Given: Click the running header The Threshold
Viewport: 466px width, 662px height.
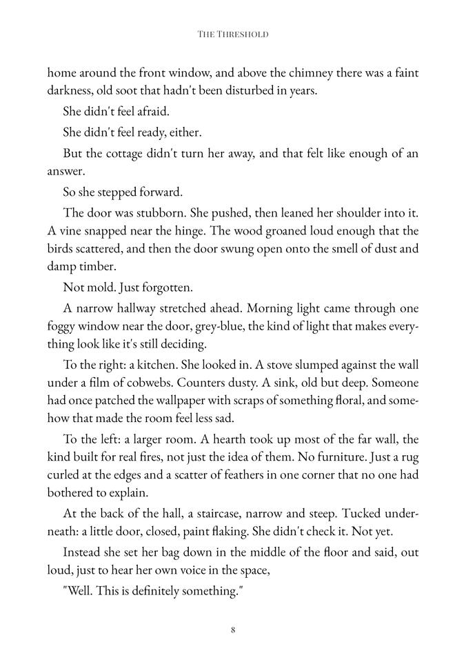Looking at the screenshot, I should [x=232, y=33].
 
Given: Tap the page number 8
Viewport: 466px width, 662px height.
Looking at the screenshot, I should [x=233, y=629].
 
